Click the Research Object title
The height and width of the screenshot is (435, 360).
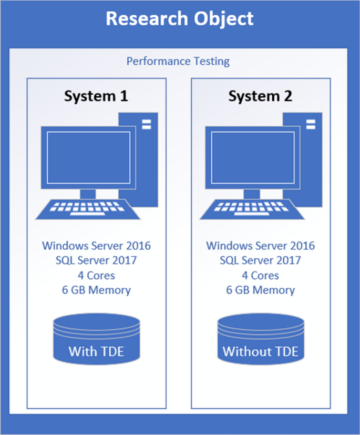180,19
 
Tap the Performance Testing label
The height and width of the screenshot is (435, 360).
178,61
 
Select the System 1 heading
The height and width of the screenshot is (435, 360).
96,96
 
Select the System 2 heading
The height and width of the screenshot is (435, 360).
261,96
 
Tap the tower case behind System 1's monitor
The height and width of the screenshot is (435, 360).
144,158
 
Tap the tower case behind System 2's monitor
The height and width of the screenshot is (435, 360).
308,158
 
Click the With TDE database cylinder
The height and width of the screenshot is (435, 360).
96,339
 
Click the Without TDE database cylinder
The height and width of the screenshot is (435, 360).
261,339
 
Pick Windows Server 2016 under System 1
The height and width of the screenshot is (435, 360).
96,246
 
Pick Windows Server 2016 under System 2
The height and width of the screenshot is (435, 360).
261,246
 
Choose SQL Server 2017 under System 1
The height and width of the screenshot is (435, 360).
96,260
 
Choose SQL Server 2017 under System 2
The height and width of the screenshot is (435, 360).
261,260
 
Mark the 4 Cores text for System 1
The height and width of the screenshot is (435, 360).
96,275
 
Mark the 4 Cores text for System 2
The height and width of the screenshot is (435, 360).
261,275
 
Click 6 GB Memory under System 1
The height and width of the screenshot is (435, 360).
96,290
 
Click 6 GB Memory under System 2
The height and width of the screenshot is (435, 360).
261,290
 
